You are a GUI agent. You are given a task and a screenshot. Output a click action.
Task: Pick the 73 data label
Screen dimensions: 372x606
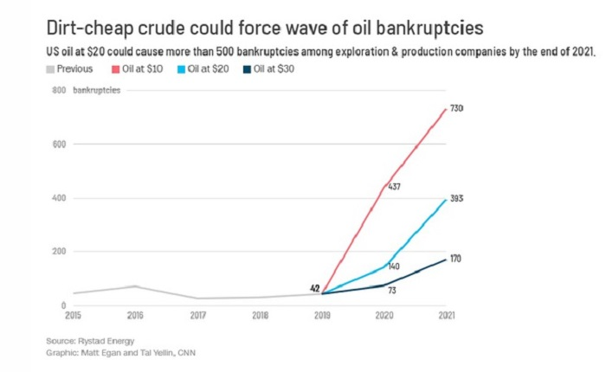(x=392, y=290)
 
